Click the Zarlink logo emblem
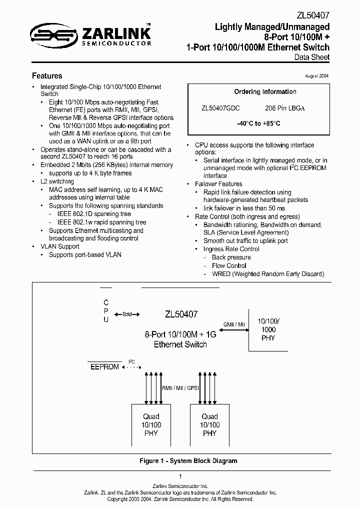[x=52, y=34]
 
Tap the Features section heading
[x=47, y=76]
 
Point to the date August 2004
[x=316, y=75]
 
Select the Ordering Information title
[x=265, y=92]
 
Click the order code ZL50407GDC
[x=220, y=108]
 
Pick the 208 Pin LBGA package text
[x=285, y=108]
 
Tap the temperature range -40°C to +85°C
[x=258, y=123]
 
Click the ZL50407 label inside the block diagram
[x=181, y=314]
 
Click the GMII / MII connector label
[x=234, y=324]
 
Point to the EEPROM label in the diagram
[x=105, y=367]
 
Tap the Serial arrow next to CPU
[x=127, y=314]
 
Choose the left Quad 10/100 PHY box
[x=151, y=425]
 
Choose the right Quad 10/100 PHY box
[x=209, y=425]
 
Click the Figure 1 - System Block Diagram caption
[x=188, y=461]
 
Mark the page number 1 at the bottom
[x=180, y=476]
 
